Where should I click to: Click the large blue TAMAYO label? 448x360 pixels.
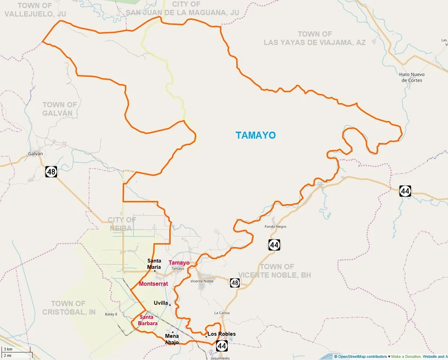tap(256, 135)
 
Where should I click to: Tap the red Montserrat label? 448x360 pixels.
tap(153, 284)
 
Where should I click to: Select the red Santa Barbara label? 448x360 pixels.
tap(145, 320)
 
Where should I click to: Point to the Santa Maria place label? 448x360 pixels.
tap(154, 263)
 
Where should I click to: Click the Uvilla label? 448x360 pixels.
tap(160, 303)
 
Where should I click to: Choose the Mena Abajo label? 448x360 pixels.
tap(172, 339)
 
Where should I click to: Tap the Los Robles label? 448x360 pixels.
tap(221, 334)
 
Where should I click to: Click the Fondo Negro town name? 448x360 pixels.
tap(275, 227)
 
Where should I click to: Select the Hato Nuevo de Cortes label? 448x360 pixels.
tap(411, 77)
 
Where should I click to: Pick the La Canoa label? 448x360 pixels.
tap(221, 313)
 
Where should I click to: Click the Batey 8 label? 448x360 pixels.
tap(111, 314)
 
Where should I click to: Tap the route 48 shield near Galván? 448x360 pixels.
tap(51, 172)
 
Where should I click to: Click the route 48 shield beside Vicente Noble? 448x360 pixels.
tap(235, 283)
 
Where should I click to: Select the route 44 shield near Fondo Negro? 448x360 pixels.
tap(274, 245)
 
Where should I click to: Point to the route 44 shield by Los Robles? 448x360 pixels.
tap(222, 346)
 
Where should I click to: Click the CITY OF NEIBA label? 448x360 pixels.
tap(122, 223)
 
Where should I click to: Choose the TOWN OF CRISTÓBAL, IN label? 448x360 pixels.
tap(69, 308)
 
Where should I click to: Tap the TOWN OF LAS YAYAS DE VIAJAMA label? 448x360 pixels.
tap(315, 38)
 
